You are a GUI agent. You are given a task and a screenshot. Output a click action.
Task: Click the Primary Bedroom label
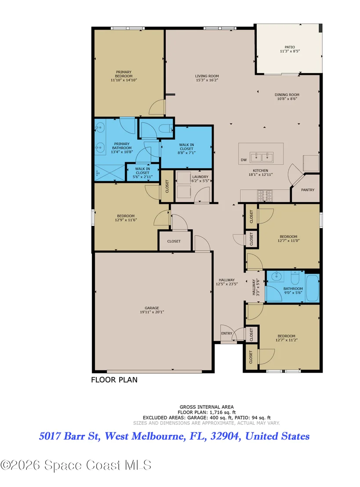click(x=124, y=74)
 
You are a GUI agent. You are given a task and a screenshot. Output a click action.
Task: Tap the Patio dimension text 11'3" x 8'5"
click(x=290, y=51)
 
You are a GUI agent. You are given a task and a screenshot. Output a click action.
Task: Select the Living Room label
click(x=207, y=76)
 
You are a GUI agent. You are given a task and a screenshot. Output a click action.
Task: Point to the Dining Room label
click(x=287, y=95)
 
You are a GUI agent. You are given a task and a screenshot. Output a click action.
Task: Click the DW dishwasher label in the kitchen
click(x=244, y=160)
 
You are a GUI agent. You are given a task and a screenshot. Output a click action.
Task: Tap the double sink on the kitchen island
click(x=262, y=157)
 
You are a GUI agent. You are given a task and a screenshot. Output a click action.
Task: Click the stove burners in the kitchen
click(x=265, y=196)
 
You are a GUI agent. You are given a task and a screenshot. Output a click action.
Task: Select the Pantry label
click(x=308, y=190)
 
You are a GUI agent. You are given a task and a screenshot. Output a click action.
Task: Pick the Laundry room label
click(x=200, y=177)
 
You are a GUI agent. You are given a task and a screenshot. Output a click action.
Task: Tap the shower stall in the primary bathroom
click(x=109, y=173)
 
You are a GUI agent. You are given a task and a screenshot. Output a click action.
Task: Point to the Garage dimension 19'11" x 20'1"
click(x=152, y=312)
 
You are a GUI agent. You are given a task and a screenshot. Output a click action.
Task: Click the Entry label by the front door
click(x=227, y=333)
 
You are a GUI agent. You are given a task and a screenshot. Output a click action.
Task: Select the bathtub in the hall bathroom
click(x=312, y=287)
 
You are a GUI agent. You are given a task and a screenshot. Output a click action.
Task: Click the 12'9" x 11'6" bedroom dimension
click(x=126, y=220)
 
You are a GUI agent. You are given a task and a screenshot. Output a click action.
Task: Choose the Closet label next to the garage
click(x=174, y=241)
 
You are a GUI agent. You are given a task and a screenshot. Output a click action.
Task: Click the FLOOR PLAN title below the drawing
click(x=114, y=380)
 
